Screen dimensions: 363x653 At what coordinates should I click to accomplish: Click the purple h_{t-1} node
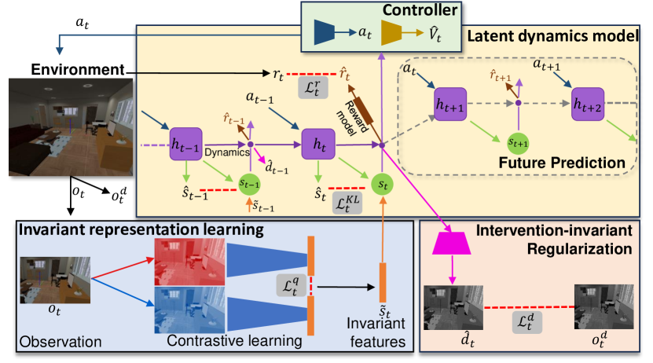pos(185,144)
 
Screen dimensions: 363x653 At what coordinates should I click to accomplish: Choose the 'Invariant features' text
pos(378,334)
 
